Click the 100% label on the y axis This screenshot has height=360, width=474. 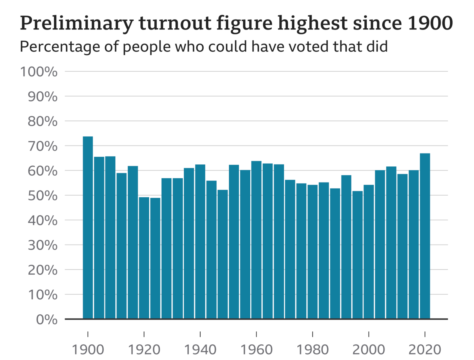click(x=39, y=72)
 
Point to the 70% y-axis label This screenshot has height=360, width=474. click(x=42, y=146)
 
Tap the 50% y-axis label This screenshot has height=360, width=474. click(x=42, y=196)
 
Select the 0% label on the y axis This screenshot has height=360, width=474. click(x=46, y=320)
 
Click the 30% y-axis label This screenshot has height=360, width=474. click(x=42, y=245)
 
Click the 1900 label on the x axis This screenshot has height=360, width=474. click(x=88, y=349)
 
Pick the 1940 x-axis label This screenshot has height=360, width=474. click(x=200, y=349)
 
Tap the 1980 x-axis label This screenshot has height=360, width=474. click(x=313, y=349)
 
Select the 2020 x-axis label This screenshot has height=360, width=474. click(x=425, y=349)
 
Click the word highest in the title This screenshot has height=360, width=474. click(x=313, y=23)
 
